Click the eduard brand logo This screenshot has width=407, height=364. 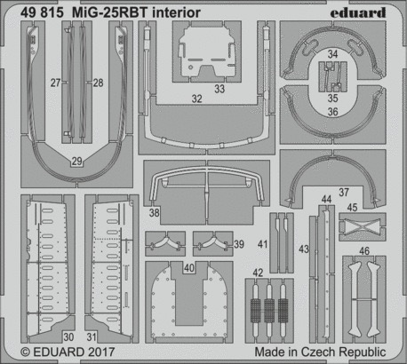point(358,12)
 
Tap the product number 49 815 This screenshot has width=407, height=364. point(42,12)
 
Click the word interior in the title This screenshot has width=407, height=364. point(176,12)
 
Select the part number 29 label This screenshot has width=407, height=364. point(76,162)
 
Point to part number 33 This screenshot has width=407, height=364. point(219,89)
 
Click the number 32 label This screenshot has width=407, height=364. point(196,99)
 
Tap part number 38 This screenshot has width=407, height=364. point(154,212)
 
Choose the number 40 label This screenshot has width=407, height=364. point(189,268)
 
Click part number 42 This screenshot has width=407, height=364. point(258,273)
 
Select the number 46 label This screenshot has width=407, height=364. point(364,251)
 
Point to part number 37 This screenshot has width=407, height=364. point(344,193)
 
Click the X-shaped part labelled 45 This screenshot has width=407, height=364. point(363,226)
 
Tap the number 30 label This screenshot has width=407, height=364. point(68,336)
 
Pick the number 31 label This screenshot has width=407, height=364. point(92,336)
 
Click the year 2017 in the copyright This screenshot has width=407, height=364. point(101,352)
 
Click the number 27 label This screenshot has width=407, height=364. point(55,83)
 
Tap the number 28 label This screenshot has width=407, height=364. point(98,83)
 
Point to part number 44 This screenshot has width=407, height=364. point(326,200)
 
